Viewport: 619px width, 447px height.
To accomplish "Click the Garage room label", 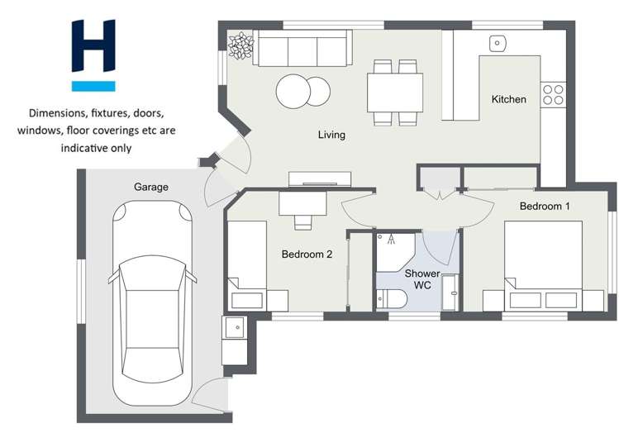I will coord(150,188).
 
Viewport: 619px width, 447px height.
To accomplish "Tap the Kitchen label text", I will coord(508,99).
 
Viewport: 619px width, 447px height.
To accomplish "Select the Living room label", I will coord(331,135).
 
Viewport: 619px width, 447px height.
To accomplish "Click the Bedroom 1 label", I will coord(544,206).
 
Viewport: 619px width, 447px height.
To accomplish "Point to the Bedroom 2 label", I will coord(307,254).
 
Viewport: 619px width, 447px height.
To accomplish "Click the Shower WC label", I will coord(417,279).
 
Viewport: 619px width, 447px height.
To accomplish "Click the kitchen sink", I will coord(498,42).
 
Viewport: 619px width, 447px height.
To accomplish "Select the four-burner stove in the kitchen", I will coord(553,95).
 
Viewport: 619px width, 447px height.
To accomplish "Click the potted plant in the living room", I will coord(240,46).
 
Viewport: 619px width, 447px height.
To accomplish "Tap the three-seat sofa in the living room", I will coord(302,49).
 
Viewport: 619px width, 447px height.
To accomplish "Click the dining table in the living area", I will coord(396,92).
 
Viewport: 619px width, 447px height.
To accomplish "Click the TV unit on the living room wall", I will coord(319,178).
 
